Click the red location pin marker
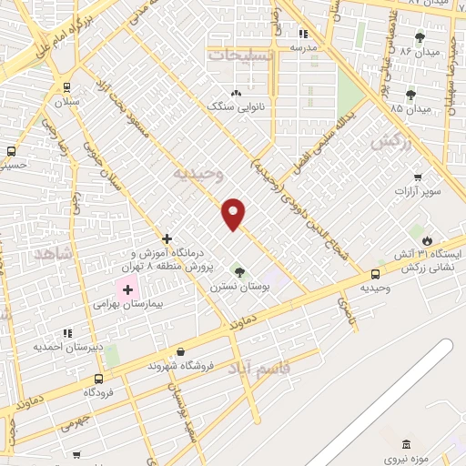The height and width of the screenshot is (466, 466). (x=234, y=214)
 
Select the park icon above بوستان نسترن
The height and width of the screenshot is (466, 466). (x=239, y=271)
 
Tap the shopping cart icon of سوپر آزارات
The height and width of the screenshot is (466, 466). (x=418, y=177)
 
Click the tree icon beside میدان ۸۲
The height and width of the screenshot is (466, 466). (x=420, y=38)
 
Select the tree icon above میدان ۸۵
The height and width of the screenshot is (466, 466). (x=411, y=94)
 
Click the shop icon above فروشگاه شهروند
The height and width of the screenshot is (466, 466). (x=180, y=352)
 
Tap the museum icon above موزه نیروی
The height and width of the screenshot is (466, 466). (x=405, y=443)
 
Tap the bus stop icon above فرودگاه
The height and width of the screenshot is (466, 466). (x=98, y=379)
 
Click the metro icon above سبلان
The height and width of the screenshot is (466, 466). (x=66, y=87)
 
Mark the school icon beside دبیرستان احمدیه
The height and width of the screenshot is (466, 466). (x=67, y=335)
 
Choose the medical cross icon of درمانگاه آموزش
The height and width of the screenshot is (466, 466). (x=167, y=238)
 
